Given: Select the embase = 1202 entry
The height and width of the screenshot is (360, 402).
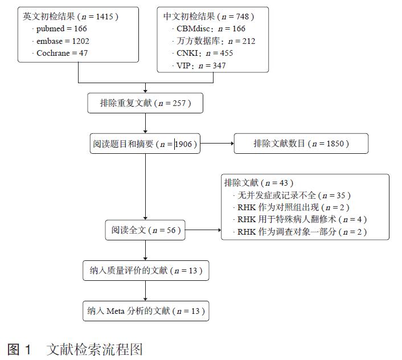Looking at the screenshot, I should coord(63,41).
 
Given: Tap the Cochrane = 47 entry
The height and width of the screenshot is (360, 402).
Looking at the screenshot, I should coord(62,54).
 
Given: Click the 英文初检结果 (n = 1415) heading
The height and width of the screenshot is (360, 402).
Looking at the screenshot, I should coord(71,16).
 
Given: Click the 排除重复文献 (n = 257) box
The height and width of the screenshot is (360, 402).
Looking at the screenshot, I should coord(145,103).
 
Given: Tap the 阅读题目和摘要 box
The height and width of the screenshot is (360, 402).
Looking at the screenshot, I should coord(145,144).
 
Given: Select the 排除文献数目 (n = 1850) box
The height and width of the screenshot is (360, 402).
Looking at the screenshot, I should coord(301,144).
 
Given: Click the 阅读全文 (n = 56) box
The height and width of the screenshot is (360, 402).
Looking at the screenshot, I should coord(145,230).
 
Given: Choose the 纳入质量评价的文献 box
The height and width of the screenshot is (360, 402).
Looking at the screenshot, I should coord(145,271).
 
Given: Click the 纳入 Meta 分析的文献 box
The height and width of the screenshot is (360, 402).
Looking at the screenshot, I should coord(145,311).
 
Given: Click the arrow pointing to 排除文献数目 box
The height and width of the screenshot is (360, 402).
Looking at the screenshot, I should coord(217,144).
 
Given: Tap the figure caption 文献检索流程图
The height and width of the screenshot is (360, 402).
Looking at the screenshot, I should coord(94,349).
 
